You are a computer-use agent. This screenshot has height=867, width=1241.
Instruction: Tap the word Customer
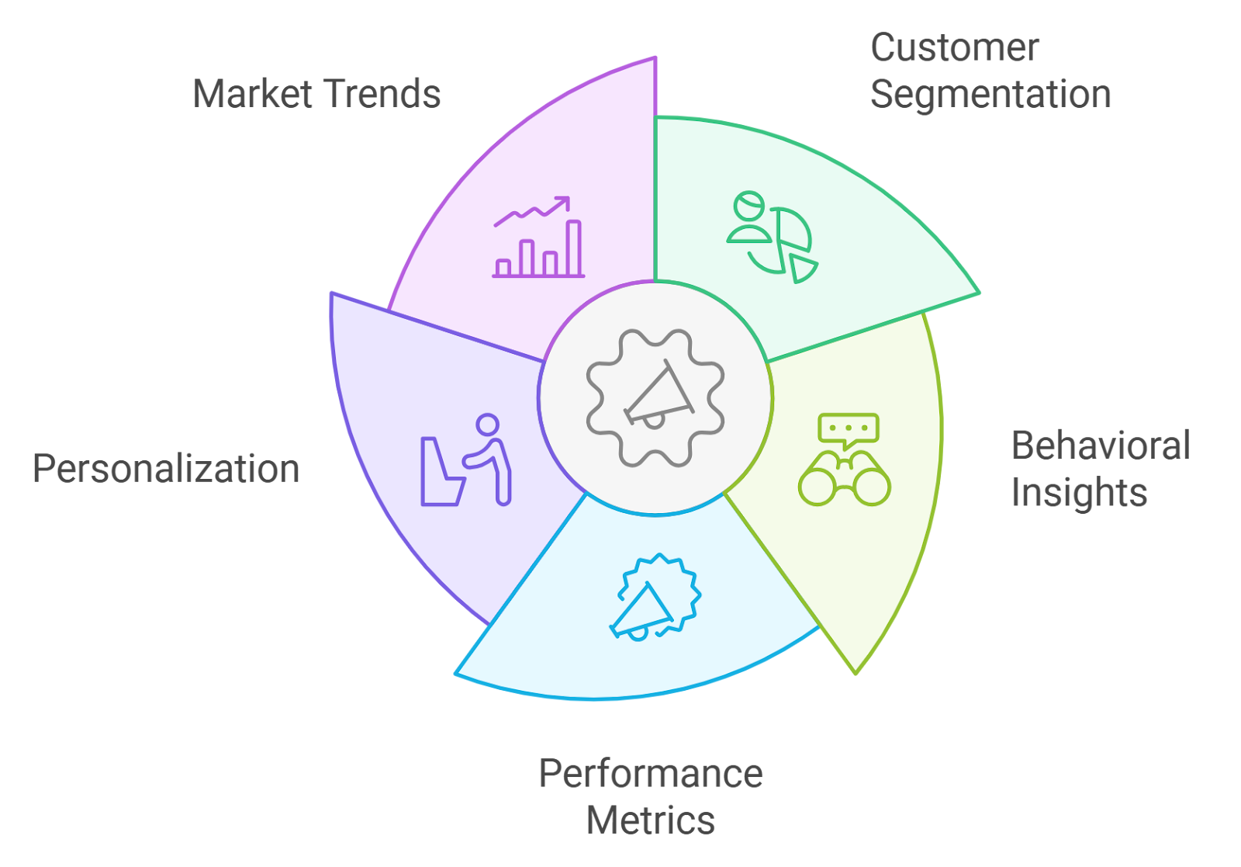[954, 48]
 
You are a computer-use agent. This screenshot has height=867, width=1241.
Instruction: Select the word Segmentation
[990, 95]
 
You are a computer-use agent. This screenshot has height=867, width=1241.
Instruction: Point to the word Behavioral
[1100, 446]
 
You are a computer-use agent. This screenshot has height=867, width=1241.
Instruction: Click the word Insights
[1079, 493]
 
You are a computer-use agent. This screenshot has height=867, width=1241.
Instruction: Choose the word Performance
[651, 774]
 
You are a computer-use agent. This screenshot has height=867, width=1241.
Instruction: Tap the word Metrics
[651, 820]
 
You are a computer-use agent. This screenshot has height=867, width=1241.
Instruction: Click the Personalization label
[166, 470]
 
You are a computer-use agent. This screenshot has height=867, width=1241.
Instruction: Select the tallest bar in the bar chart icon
[574, 248]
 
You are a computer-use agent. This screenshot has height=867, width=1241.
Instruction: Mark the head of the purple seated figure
[488, 425]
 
